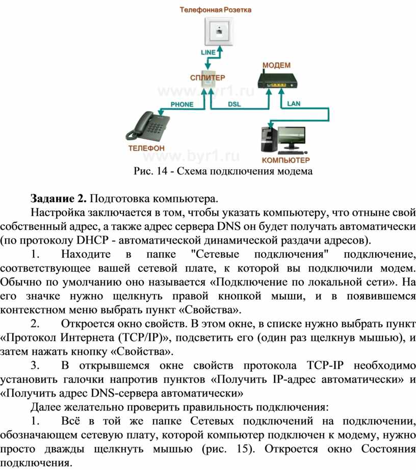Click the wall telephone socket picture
click(219, 31)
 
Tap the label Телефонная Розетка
click(216, 10)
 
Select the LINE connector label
click(208, 52)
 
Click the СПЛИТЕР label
click(207, 77)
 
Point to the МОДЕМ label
click(276, 65)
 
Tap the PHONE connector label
click(182, 105)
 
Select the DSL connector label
click(234, 104)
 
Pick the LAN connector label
click(294, 103)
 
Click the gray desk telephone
click(147, 127)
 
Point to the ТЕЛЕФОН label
click(146, 148)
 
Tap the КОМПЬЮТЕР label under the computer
click(285, 160)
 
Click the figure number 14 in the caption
click(162, 171)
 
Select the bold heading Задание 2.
click(59, 199)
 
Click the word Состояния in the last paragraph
click(388, 449)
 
